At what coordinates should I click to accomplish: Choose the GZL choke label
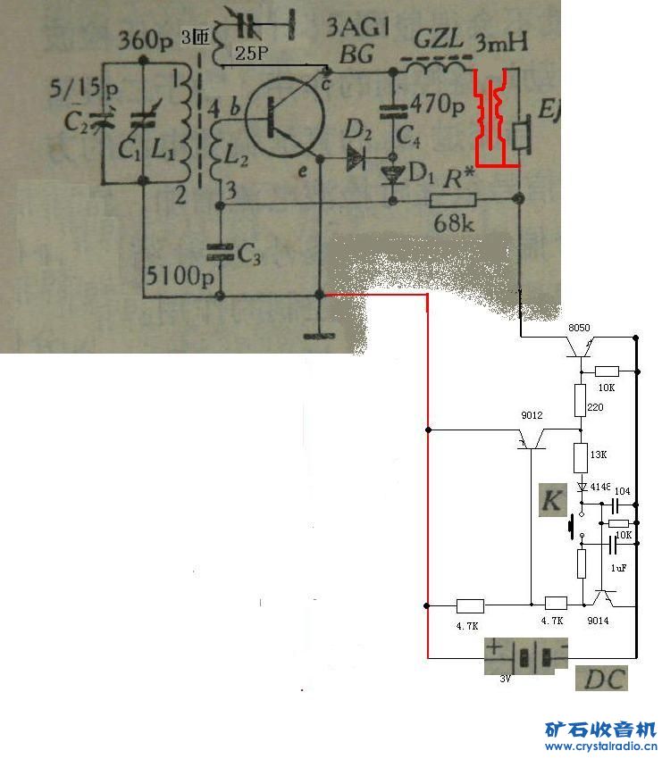(438, 40)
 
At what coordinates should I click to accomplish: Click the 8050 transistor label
(581, 328)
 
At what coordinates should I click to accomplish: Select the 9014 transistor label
(598, 621)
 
